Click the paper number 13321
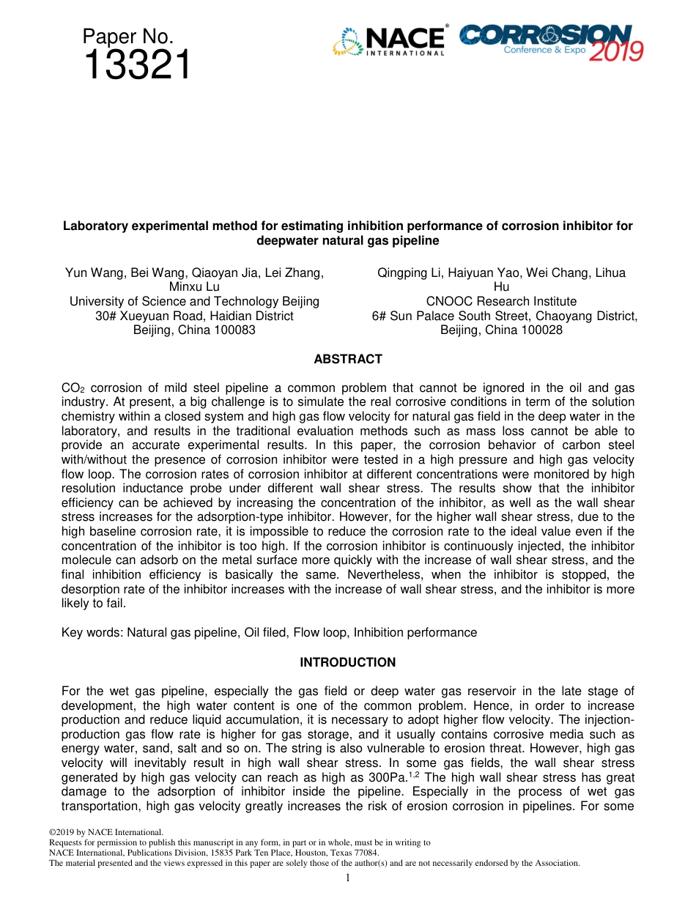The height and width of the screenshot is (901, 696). [137, 66]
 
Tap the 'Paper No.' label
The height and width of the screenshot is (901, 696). [127, 37]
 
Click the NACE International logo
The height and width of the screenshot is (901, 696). [389, 41]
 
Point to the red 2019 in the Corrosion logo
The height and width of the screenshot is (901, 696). [615, 50]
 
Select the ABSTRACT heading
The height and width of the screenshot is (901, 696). [347, 359]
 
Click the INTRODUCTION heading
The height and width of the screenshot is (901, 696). [347, 662]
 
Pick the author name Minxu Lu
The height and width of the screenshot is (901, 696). [194, 287]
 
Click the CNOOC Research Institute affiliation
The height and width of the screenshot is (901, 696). [501, 301]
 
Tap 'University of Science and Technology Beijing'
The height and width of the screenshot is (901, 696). [194, 301]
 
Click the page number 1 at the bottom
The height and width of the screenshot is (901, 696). [347, 878]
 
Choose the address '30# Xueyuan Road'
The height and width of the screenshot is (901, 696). [140, 316]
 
